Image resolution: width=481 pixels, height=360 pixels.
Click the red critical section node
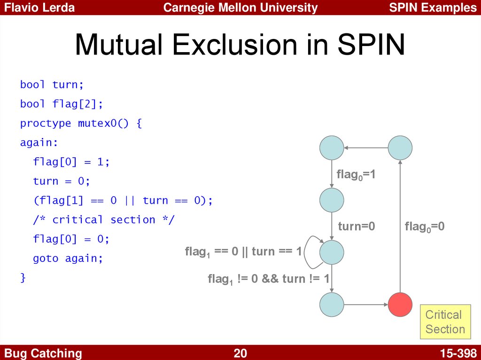coord(400,304)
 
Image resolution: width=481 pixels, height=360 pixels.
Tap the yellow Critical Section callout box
coord(445,322)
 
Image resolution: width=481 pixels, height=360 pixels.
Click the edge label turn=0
coord(357,227)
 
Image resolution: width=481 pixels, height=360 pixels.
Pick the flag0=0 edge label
coord(425,227)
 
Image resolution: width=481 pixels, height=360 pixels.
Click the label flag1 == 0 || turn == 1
coord(243,252)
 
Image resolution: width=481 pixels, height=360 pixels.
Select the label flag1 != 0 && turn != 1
coord(269,279)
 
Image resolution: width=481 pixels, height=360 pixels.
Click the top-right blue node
coord(400,148)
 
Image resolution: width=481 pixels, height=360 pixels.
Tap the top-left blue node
coord(332,148)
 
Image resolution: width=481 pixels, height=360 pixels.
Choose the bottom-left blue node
coord(332,304)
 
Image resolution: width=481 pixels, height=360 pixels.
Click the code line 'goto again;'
coord(68,258)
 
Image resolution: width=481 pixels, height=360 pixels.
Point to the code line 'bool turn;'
coord(52,84)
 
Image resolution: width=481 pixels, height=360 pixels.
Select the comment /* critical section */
coord(103,220)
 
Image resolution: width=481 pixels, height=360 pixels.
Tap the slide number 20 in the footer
coord(240,353)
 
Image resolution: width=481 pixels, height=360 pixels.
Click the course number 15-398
coord(458,353)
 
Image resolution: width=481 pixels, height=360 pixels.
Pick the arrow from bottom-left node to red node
coord(366,304)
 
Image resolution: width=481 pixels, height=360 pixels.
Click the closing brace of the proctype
coord(23,277)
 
